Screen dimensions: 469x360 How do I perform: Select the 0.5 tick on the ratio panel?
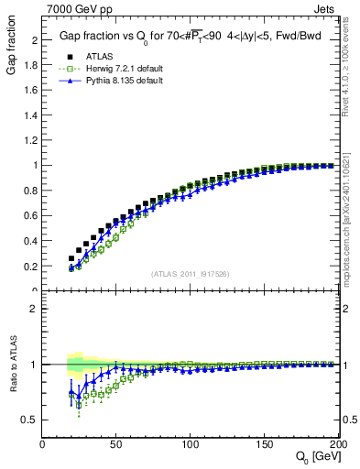coord(31,420)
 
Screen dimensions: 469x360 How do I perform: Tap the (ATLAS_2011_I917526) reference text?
coord(189,274)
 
